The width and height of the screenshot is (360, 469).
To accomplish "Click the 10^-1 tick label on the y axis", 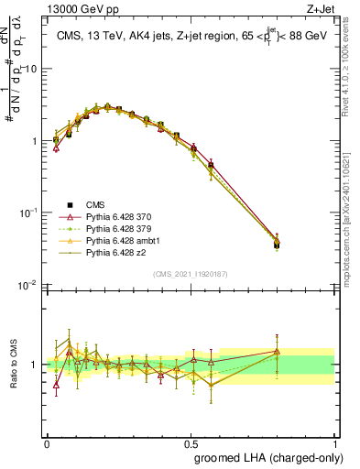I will coord(28,213).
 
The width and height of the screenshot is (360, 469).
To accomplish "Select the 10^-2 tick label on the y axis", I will coord(28,285).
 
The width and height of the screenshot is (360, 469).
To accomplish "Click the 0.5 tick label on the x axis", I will coord(191,441).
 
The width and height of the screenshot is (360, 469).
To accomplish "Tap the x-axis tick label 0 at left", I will coord(47,441).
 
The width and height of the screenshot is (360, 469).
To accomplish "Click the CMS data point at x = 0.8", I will coord(278,244).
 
